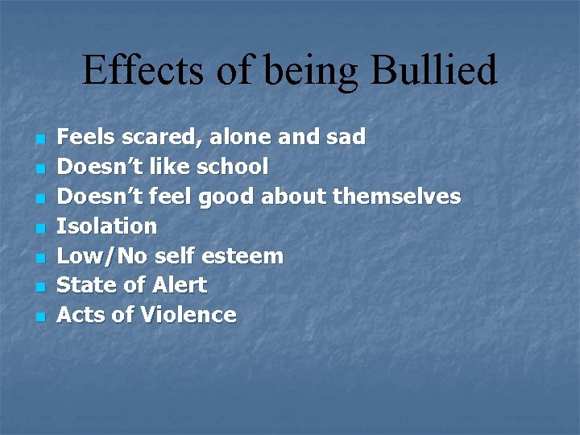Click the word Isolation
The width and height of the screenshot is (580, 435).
(106, 226)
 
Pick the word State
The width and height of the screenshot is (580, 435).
(80, 285)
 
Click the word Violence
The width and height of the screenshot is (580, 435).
(188, 315)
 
